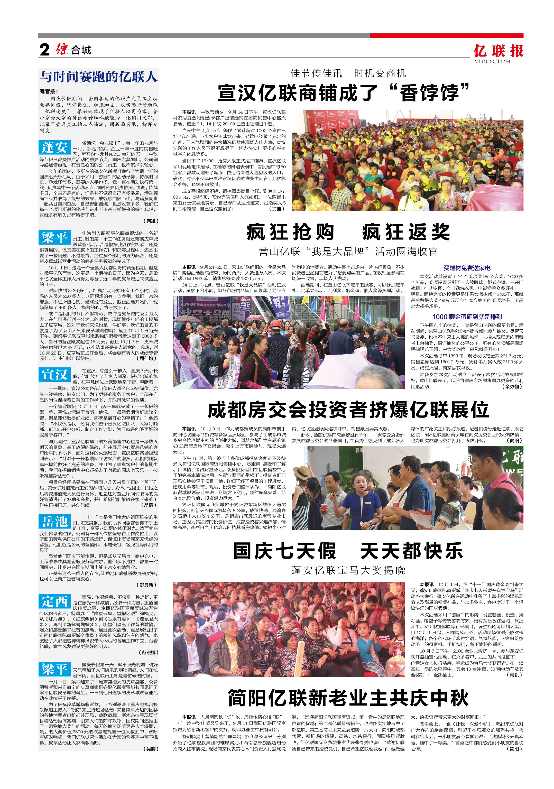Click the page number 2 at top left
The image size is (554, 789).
(x=44, y=50)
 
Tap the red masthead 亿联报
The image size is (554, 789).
(x=498, y=51)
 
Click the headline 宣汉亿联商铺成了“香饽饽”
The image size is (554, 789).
(x=344, y=93)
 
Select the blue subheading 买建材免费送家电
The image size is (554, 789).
(x=467, y=268)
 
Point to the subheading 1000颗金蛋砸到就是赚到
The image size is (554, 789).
(x=467, y=317)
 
